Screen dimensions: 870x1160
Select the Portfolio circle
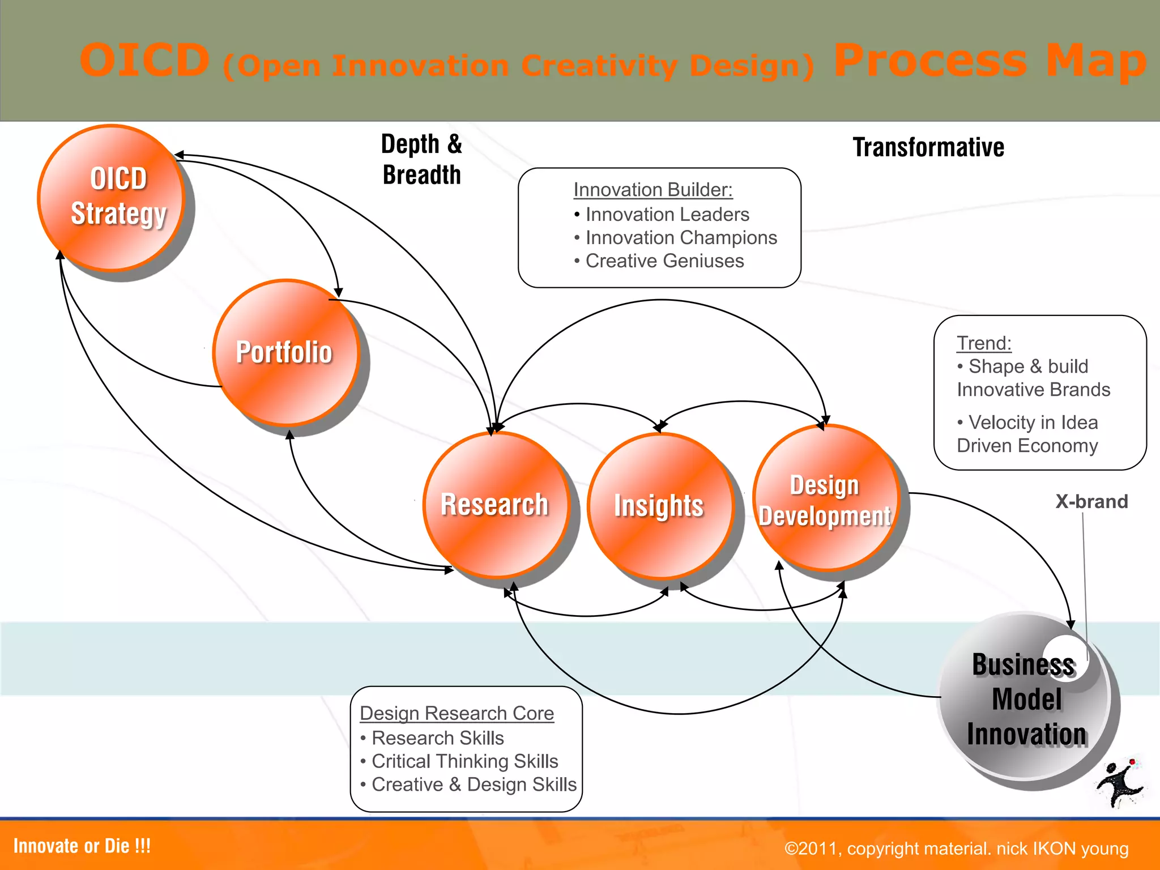[286, 352]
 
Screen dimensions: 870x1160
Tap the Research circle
[496, 505]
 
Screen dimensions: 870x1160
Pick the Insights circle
[660, 506]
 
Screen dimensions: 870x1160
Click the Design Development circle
[826, 498]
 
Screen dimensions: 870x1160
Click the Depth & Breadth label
[421, 159]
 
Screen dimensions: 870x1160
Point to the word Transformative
[928, 147]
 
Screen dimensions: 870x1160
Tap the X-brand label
[1091, 501]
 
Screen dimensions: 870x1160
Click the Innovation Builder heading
[652, 190]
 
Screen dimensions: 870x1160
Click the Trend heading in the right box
[984, 343]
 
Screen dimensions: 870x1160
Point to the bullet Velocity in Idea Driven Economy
[1027, 434]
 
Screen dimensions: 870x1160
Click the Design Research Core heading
[457, 713]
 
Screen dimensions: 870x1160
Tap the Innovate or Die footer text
[82, 846]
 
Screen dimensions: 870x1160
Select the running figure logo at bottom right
[1120, 784]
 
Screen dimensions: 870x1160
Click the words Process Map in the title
[990, 61]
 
